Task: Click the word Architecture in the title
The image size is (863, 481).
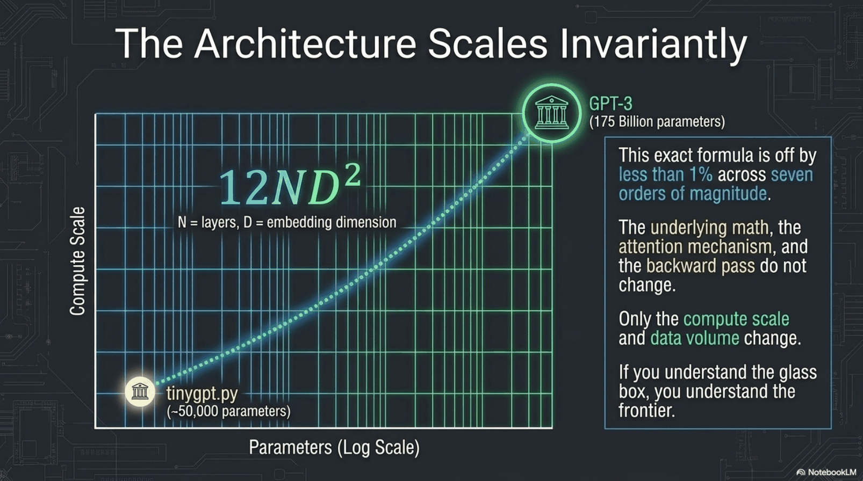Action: pyautogui.click(x=305, y=43)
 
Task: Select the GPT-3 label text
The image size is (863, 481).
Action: pyautogui.click(x=610, y=104)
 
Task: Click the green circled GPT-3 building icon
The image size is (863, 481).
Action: pyautogui.click(x=552, y=113)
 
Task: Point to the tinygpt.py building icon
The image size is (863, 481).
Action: pyautogui.click(x=140, y=392)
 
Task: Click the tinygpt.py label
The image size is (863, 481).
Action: pyautogui.click(x=202, y=394)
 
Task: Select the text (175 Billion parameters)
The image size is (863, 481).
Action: pyautogui.click(x=657, y=122)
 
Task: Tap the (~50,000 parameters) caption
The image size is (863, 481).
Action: pyautogui.click(x=228, y=411)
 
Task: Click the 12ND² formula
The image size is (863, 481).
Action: pyautogui.click(x=290, y=186)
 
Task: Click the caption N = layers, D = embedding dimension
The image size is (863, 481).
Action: pyautogui.click(x=287, y=222)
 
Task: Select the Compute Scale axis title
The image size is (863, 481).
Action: pyautogui.click(x=77, y=261)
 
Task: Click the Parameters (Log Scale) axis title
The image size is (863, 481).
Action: pyautogui.click(x=334, y=448)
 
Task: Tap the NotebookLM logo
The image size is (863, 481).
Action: pyautogui.click(x=826, y=472)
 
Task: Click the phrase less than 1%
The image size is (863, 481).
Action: pyautogui.click(x=666, y=174)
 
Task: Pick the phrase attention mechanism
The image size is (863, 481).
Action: pyautogui.click(x=695, y=247)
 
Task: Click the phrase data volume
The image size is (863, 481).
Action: pyautogui.click(x=695, y=338)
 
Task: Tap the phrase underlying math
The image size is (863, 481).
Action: pyautogui.click(x=710, y=228)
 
